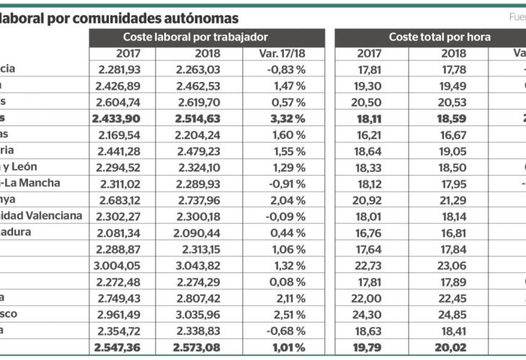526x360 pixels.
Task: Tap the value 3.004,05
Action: [x=116, y=266]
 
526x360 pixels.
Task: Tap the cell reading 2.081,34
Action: [x=116, y=233]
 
